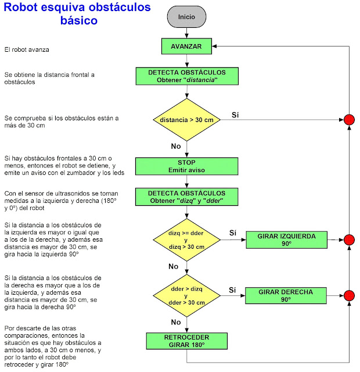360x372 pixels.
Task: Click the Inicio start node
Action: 186,17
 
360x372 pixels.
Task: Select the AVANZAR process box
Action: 186,46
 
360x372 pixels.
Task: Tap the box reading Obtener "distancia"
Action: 186,76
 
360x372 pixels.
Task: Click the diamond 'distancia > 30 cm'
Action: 186,120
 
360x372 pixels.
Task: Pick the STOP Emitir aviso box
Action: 186,166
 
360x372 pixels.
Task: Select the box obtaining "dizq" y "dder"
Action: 186,196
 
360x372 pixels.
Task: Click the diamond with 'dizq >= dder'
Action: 186,239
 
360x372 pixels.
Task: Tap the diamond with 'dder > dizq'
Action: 186,295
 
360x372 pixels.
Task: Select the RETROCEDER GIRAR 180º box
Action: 186,341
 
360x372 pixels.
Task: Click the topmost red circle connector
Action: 349,120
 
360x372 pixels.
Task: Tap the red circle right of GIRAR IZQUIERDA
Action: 349,240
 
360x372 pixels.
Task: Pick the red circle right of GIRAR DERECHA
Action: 349,295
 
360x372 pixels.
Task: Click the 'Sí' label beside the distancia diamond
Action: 235,115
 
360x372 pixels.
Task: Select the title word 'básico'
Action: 78,21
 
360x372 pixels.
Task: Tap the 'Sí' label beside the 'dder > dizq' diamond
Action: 232,289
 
